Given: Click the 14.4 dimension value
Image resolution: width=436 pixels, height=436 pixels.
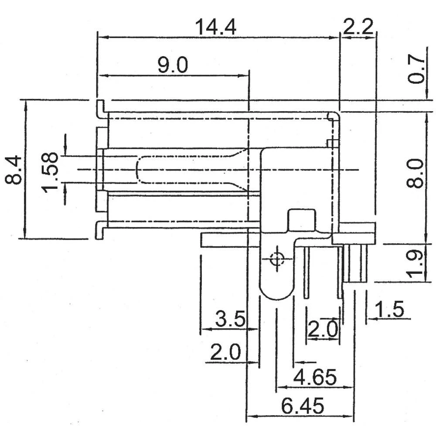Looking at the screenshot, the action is point(216,27).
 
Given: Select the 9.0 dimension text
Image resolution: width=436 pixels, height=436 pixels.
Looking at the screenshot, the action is point(173,65).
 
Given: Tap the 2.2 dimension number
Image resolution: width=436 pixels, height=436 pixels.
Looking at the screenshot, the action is point(358,27).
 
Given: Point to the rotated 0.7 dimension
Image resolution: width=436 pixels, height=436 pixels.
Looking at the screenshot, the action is point(416,69).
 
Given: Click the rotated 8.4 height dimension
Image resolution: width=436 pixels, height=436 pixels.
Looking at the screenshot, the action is point(13,170).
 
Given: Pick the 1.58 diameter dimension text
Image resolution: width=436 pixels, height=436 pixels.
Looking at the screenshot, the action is point(50,172).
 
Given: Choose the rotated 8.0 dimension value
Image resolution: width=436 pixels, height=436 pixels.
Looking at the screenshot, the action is point(415,174).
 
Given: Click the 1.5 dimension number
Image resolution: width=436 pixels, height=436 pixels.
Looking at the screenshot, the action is point(389,309).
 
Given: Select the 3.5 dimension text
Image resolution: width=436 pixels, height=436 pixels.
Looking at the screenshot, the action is point(231,319).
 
